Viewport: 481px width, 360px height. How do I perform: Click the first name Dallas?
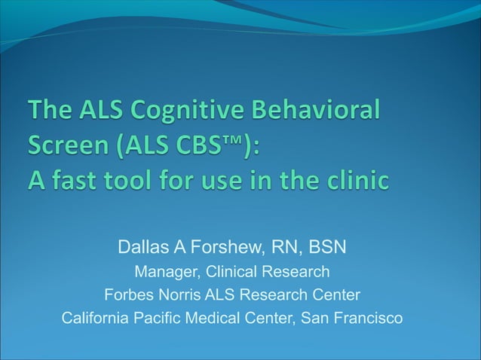point(142,248)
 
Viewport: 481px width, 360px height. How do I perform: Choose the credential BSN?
point(329,248)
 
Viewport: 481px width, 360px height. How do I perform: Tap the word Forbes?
point(128,294)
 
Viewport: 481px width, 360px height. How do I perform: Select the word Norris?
point(179,294)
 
